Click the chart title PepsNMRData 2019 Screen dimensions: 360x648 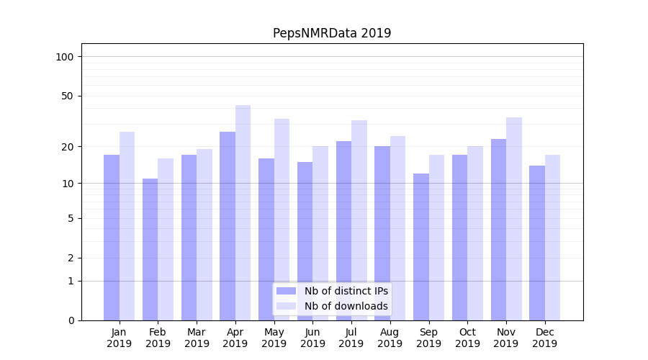[332, 33]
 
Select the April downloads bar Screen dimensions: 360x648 [243, 212]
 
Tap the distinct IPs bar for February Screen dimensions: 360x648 [150, 249]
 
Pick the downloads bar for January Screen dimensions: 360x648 [127, 226]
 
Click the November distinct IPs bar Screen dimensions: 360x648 [498, 230]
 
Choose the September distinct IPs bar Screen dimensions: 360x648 [420, 247]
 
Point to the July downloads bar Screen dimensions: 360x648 [359, 220]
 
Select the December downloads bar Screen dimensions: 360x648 [552, 238]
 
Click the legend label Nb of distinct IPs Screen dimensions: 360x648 [346, 291]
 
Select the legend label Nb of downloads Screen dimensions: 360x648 [346, 306]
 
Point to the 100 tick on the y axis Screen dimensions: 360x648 [65, 57]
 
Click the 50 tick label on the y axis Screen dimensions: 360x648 [68, 96]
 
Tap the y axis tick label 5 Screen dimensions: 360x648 [71, 218]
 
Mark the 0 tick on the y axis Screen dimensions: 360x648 [71, 320]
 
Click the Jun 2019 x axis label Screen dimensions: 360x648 [312, 338]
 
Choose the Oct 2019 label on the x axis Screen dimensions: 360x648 [467, 338]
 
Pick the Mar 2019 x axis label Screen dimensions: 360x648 [197, 338]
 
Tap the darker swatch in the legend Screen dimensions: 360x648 [286, 291]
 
